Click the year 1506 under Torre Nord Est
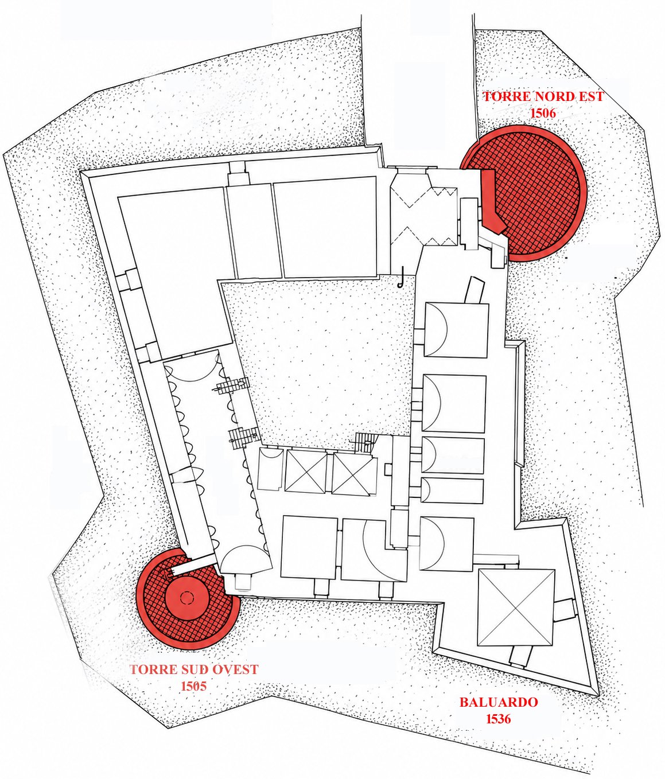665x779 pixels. coord(543,112)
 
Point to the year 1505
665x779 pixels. coord(194,686)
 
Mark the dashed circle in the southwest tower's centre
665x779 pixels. coord(186,598)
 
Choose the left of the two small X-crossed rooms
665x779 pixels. coord(306,472)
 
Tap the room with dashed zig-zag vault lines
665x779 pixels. coord(424,215)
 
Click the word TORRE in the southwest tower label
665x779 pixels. coord(147,669)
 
